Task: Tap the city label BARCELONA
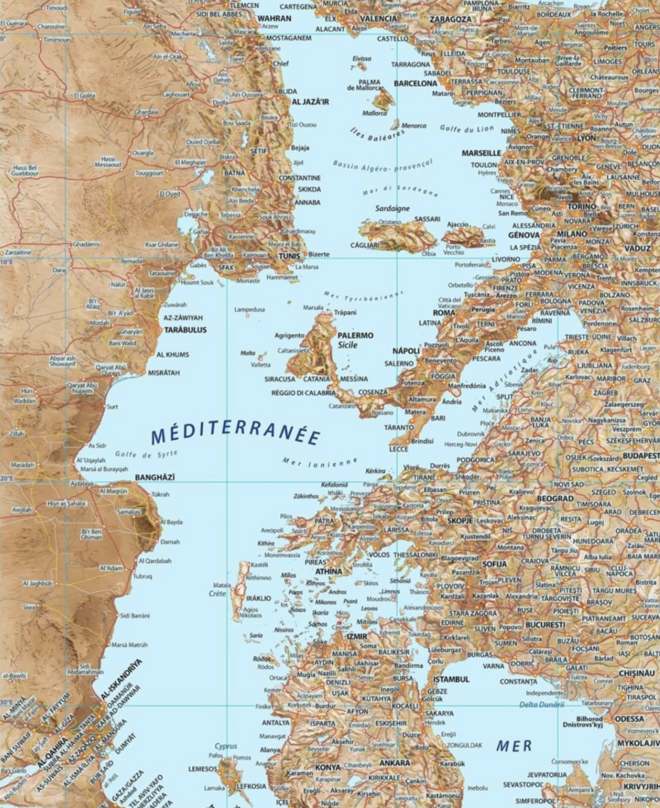415,83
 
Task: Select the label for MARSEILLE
481,153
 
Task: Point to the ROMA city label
444,313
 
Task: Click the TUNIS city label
289,256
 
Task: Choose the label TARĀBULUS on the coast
185,329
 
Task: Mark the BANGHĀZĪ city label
155,477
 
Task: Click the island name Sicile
348,345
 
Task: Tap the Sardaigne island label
392,208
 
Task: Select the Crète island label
217,594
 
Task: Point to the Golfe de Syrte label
146,454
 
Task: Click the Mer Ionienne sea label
320,462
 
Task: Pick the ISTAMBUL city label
451,679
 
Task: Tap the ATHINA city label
329,571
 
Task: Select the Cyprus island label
226,746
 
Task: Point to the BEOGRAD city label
555,498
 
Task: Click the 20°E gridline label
6,479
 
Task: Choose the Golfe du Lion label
466,128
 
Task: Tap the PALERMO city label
355,335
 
